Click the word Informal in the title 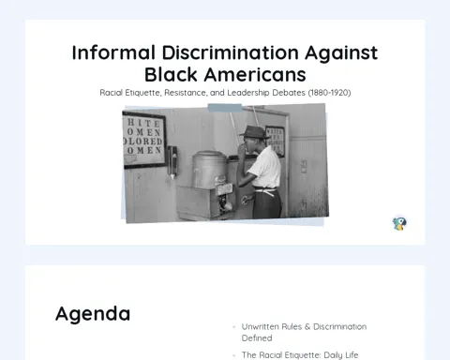tap(113, 52)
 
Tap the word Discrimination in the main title tap(231, 52)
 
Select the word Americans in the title tap(255, 75)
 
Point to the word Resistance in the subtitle tap(185, 93)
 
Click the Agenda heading tap(93, 314)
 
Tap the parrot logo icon tap(399, 223)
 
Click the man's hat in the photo tap(254, 132)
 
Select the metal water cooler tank tap(209, 170)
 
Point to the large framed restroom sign tap(143, 141)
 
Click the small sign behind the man tap(275, 141)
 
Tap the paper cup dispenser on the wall tap(172, 162)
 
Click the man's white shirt tap(266, 167)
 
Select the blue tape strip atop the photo tap(225, 108)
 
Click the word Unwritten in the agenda tap(261, 327)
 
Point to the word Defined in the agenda tap(257, 338)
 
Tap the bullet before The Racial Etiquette tap(233, 355)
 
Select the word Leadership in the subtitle tap(248, 93)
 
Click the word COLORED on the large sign tap(142, 142)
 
